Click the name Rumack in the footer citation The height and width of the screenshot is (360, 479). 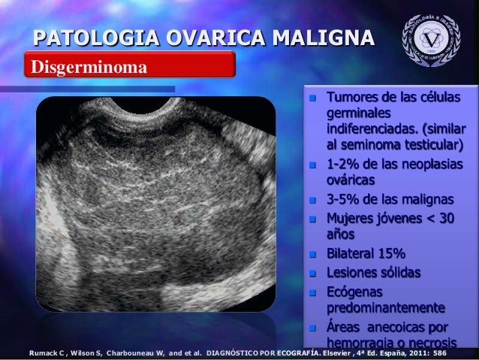[x=44, y=352]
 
